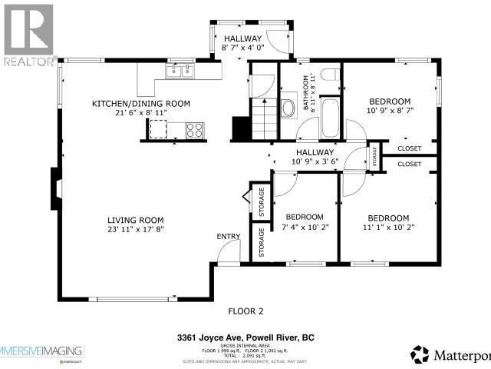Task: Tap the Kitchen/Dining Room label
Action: pos(141,104)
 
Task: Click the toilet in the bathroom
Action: pos(330,75)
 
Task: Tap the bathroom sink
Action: pos(289,108)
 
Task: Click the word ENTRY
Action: pos(229,236)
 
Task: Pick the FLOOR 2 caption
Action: pos(245,311)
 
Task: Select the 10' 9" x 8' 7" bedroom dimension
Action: pos(390,112)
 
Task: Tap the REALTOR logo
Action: pos(28,35)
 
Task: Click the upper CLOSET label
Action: pos(409,148)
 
